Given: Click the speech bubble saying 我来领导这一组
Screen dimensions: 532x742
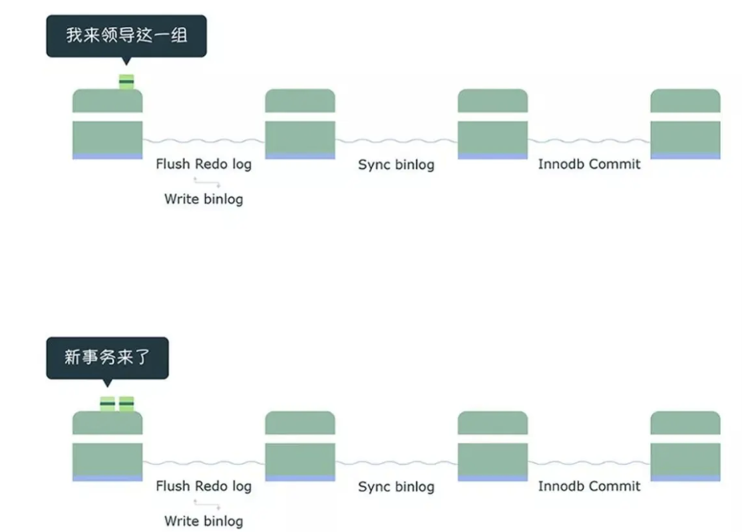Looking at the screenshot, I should point(126,35).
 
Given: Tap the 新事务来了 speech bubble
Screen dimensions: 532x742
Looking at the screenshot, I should point(107,357).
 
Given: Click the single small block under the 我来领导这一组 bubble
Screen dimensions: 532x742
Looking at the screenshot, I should point(126,81).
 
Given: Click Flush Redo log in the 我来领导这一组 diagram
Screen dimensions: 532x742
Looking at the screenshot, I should point(204,164).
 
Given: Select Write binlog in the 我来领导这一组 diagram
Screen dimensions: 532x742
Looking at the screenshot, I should point(204,198).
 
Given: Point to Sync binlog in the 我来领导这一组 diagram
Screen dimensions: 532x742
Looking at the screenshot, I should point(396,164).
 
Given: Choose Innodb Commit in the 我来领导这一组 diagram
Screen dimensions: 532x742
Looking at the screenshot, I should point(589,164).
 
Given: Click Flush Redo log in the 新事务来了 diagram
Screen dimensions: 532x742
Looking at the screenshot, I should point(204,486).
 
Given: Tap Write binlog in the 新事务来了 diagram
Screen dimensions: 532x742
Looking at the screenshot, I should point(204,521).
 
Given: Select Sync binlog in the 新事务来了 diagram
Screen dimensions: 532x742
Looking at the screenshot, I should point(396,487).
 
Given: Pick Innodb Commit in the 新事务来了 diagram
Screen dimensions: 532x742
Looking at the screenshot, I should point(589,486).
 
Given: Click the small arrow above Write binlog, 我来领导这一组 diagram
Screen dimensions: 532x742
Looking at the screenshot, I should point(206,182).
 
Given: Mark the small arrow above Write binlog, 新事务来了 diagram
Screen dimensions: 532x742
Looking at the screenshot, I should point(206,503).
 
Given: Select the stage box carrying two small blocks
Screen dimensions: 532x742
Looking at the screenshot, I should point(107,446).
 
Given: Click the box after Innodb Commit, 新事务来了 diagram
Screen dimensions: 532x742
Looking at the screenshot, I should point(685,446).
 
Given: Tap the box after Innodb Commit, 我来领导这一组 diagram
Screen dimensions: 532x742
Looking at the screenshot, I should point(685,124).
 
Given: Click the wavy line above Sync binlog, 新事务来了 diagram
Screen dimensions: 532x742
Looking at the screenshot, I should point(396,463).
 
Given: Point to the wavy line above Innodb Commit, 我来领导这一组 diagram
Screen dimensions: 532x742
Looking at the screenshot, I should point(589,141).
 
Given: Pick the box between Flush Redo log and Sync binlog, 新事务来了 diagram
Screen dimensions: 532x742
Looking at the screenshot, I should point(300,446).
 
